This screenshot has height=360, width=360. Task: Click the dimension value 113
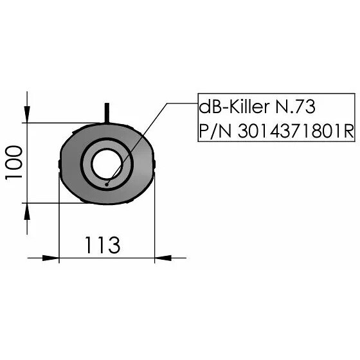coord(102,245)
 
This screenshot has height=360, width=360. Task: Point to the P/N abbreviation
coord(215,130)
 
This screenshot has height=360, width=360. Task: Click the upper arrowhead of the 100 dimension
coord(27,115)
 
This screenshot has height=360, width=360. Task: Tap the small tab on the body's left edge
coord(59,165)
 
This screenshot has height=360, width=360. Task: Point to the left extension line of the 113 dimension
coord(59,225)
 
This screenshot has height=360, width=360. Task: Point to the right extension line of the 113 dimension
coord(154,225)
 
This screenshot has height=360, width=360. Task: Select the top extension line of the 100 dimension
coord(64,122)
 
